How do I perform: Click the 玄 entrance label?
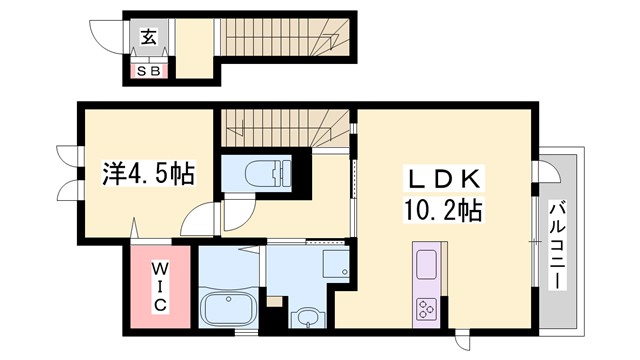click(147, 38)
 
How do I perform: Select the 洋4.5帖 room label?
click(148, 174)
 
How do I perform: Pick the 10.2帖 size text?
click(444, 211)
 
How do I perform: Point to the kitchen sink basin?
click(424, 267)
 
